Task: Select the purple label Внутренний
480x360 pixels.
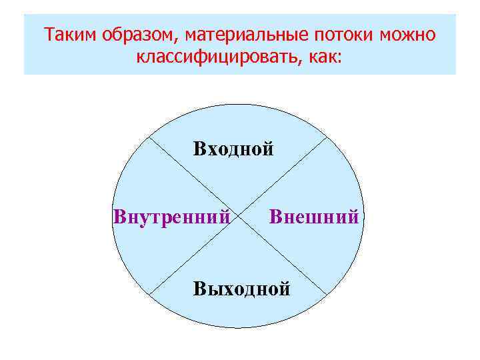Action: point(172,217)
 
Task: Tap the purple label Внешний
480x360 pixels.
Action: point(314,217)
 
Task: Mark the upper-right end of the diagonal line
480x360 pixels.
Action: point(328,138)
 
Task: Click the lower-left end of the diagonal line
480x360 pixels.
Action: point(149,295)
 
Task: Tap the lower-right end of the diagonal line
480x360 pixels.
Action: point(328,295)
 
